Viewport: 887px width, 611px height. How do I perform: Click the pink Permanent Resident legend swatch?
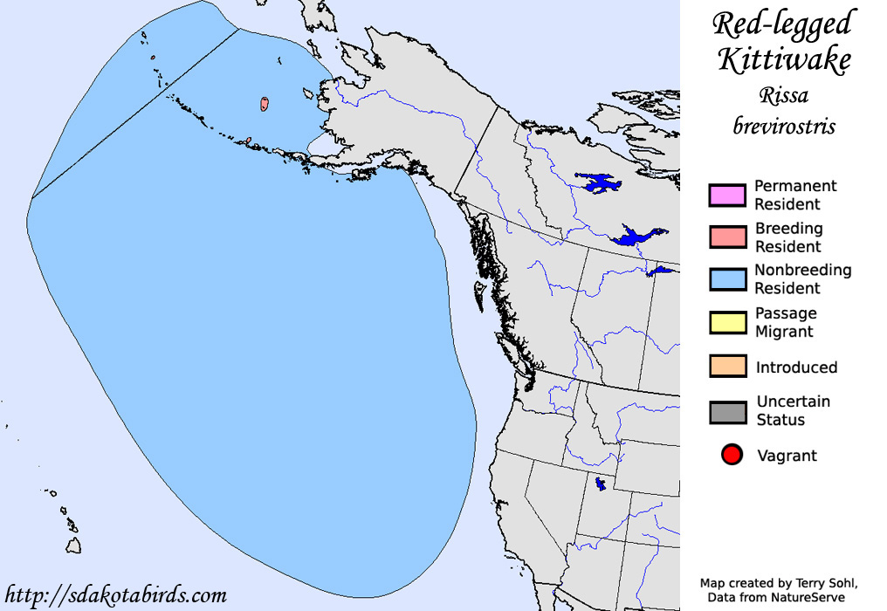click(727, 196)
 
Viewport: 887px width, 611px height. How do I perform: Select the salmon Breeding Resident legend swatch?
click(727, 237)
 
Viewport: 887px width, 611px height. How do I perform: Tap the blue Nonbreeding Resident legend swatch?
click(727, 279)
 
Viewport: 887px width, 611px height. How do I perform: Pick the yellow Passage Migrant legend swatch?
click(727, 322)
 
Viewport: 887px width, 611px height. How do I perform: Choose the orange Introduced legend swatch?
click(727, 367)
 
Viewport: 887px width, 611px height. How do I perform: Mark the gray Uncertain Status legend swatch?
click(727, 411)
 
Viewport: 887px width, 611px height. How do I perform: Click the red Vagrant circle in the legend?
click(732, 455)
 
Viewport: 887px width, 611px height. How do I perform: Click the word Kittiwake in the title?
click(784, 61)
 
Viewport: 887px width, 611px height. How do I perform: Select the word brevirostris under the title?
click(784, 126)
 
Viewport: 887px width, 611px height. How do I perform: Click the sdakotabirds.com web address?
click(115, 596)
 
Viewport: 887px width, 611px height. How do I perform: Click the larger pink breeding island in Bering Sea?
click(264, 104)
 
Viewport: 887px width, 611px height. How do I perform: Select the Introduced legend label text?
click(796, 367)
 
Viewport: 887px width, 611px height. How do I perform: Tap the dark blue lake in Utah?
click(600, 483)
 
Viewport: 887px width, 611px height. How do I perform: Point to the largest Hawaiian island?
click(75, 544)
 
